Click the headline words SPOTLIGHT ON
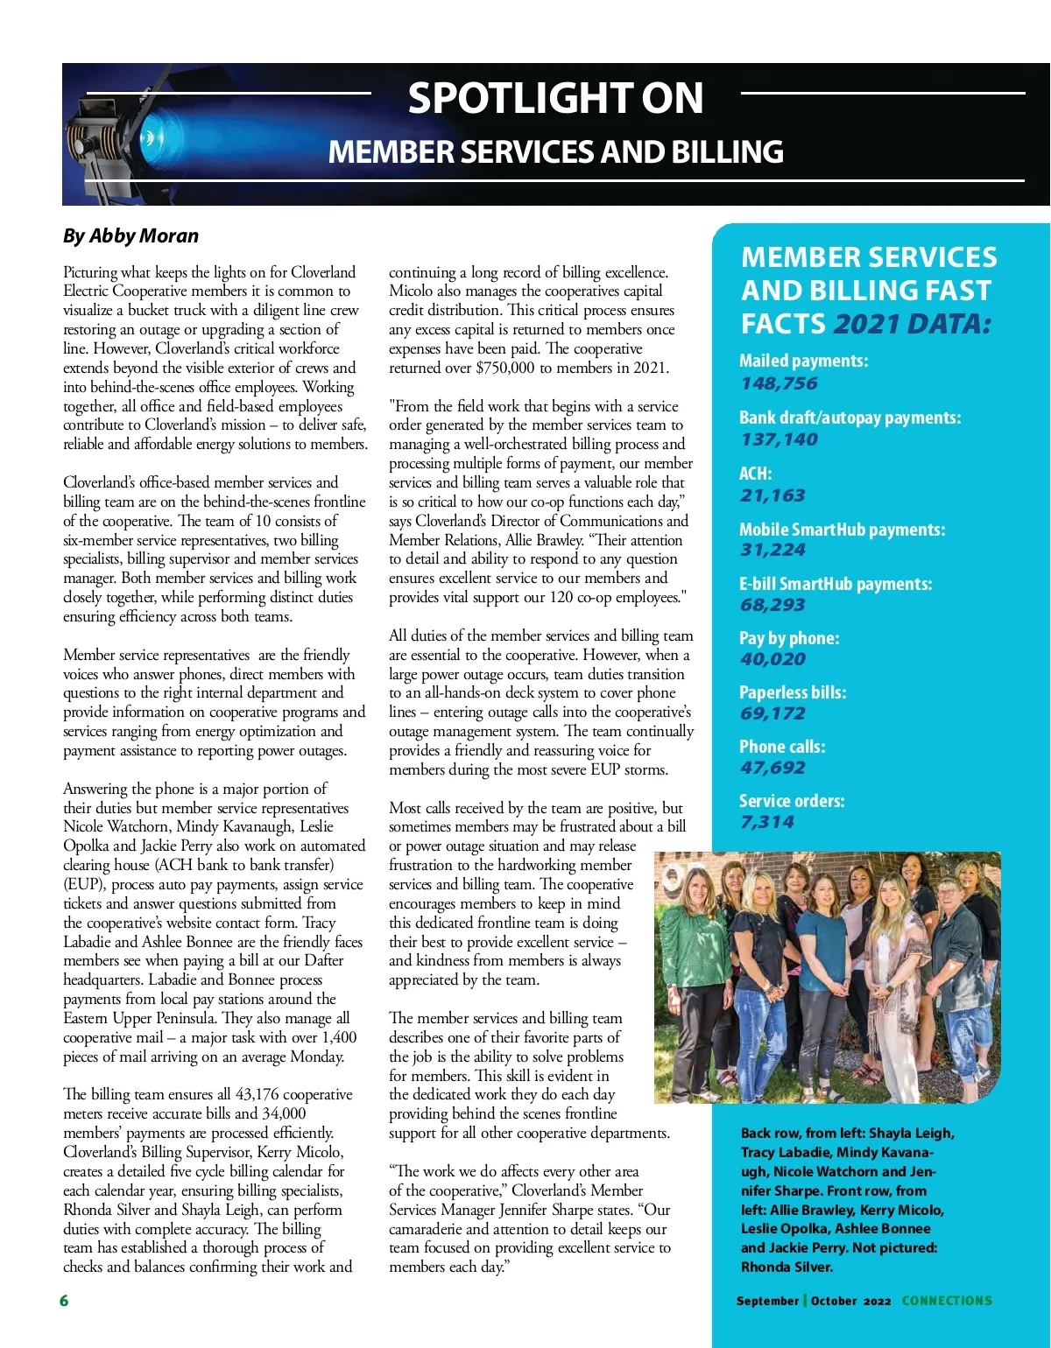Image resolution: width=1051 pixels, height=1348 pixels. coord(555,98)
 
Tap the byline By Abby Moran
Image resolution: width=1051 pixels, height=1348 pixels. coord(130,235)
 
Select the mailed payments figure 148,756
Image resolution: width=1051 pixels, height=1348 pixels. coord(779,383)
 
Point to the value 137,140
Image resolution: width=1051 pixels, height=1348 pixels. coord(779,439)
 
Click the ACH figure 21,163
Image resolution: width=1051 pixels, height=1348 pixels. coord(772,495)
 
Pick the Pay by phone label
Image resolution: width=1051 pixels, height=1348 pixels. coord(788,638)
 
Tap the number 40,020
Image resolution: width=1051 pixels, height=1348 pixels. coord(772,659)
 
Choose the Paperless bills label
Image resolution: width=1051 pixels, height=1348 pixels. coord(792,692)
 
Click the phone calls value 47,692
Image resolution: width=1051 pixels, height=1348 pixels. coord(772,768)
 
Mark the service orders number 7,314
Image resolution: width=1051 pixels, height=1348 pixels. coord(767,822)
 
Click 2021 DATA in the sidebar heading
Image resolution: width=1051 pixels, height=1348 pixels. coord(912,324)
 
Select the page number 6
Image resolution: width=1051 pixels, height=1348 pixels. coord(64,1301)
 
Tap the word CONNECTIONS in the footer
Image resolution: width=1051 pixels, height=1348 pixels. coord(947,1301)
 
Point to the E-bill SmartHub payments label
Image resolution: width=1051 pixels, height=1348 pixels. coord(835,584)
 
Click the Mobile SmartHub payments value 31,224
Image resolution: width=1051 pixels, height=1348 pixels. coord(772,550)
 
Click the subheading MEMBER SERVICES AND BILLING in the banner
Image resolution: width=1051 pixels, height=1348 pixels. coord(555,152)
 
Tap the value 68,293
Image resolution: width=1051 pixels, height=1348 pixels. coord(772,605)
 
